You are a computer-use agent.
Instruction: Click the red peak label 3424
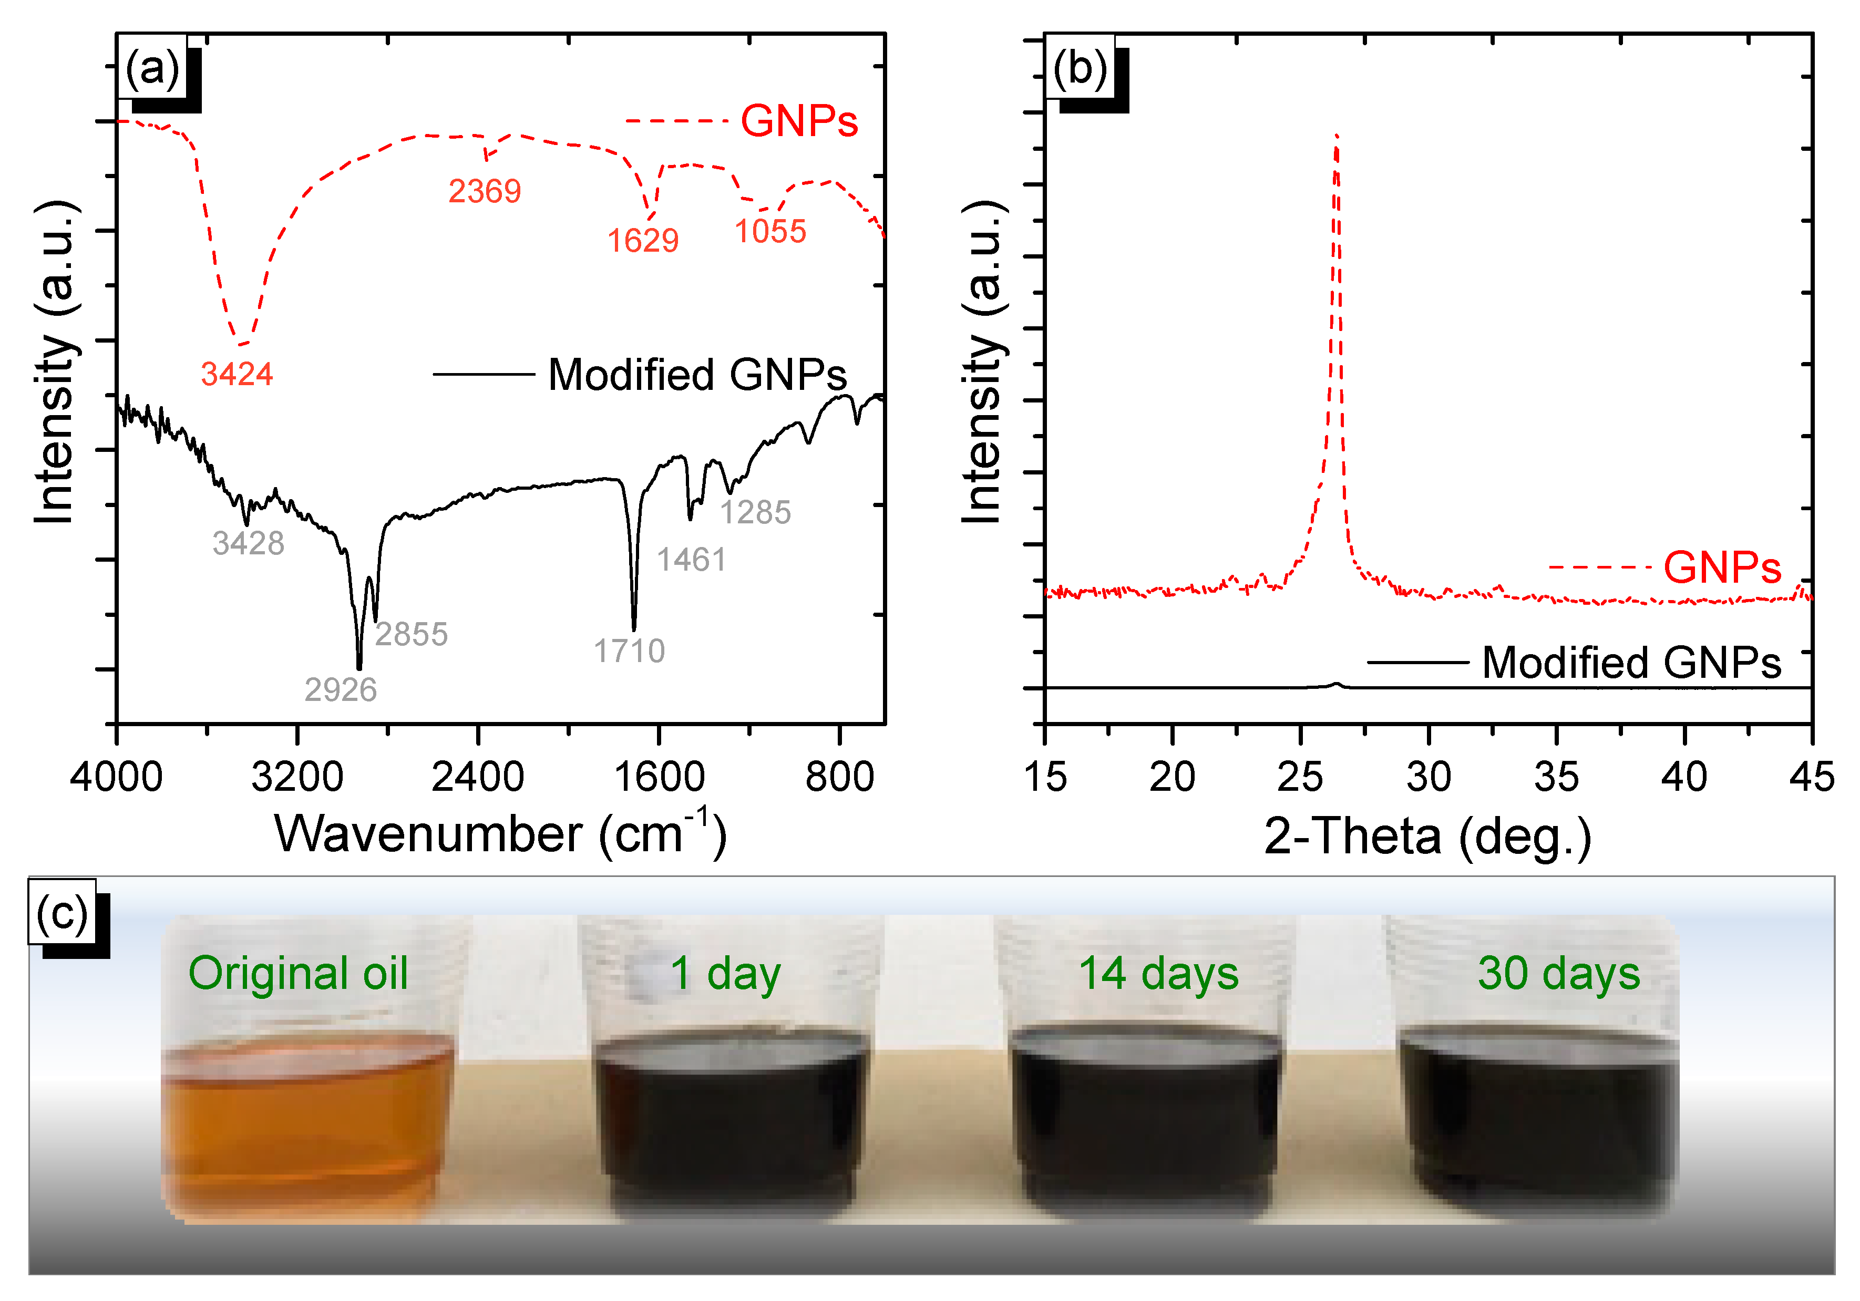pos(237,374)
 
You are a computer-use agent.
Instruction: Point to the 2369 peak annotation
pos(485,192)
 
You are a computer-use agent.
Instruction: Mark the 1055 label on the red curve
pos(769,232)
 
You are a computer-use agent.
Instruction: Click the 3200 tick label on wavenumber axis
pos(297,778)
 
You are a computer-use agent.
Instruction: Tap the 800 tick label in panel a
pos(839,778)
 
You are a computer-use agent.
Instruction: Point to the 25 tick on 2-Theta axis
pos(1300,778)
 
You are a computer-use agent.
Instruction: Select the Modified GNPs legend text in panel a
pos(697,375)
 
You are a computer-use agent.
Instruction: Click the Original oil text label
pos(297,973)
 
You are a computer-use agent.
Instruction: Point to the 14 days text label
pos(1158,973)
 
